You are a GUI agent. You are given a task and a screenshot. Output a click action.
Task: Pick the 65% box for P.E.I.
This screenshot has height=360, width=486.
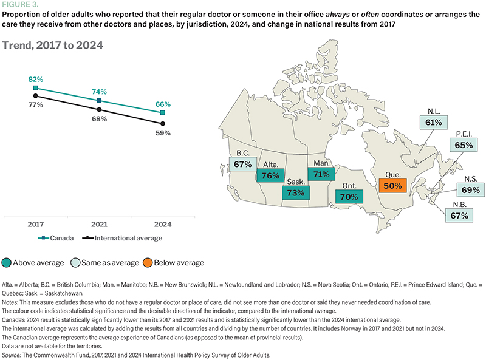coord(462,146)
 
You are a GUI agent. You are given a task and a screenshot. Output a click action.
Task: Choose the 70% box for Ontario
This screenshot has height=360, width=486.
coord(347,197)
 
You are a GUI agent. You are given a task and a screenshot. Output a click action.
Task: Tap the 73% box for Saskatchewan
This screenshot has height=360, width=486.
coord(296,192)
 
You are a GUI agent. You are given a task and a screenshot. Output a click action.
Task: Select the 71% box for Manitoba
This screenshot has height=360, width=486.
coord(321,174)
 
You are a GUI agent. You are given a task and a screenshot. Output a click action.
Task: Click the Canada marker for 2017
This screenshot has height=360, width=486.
coord(36,88)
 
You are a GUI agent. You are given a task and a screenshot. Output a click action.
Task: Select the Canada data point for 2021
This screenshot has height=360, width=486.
coord(99,100)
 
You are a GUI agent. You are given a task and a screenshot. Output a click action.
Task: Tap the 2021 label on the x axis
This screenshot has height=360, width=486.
coord(99,224)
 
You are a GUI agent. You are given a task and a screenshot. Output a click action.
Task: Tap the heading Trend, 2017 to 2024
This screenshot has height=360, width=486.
coord(52,46)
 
